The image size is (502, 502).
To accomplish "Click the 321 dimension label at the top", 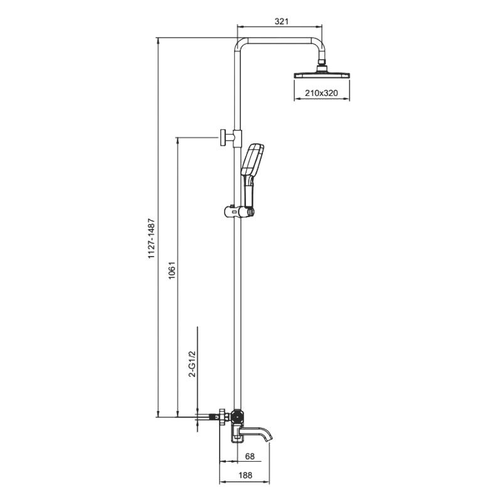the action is (281, 21).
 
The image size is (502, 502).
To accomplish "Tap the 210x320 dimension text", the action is (321, 93).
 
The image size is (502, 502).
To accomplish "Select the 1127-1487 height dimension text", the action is (151, 238).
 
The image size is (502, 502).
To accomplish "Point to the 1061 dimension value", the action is (172, 270).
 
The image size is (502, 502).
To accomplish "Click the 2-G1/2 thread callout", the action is (192, 364).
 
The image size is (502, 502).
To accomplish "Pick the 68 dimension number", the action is (250, 456).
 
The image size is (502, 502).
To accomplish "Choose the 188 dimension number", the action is (245, 475).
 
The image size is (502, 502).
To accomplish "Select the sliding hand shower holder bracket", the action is (239, 211).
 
